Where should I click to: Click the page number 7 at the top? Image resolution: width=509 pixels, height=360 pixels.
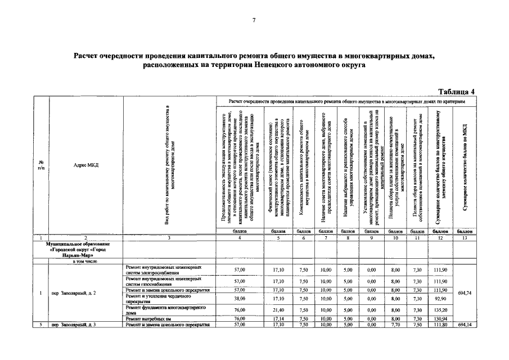click(254, 20)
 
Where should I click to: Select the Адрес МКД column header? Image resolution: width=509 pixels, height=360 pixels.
click(86, 165)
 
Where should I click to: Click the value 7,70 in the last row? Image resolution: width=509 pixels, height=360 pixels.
click(395, 325)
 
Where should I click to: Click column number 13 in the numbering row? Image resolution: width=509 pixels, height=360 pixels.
click(464, 238)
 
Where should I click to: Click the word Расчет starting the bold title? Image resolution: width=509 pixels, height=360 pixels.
click(89, 56)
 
